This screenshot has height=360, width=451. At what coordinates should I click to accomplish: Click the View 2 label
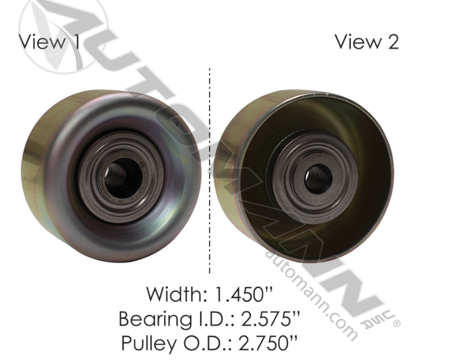(366, 42)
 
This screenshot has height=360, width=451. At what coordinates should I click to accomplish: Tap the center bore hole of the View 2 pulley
(318, 177)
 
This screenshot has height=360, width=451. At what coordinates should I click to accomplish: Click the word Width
(172, 293)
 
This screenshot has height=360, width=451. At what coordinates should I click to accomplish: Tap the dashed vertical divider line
(210, 171)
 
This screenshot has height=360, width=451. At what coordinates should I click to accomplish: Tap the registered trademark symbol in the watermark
(396, 323)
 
